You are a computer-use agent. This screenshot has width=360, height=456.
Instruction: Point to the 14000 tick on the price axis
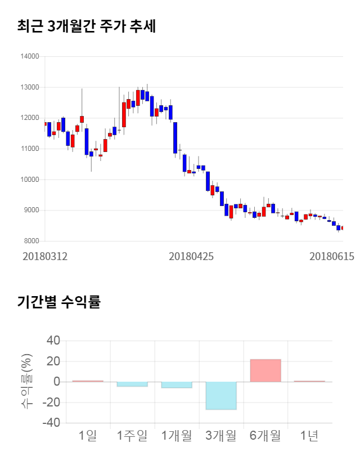[30, 56]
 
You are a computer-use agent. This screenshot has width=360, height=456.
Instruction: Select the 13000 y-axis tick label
[30, 87]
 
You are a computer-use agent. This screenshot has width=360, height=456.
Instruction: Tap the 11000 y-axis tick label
[30, 149]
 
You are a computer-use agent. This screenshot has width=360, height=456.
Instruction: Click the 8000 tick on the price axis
[31, 241]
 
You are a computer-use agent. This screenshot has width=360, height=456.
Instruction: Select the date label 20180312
[45, 256]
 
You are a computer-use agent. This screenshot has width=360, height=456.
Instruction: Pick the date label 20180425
[191, 256]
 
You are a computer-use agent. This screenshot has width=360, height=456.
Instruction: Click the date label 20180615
[332, 256]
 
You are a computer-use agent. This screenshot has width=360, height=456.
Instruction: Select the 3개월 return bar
[220, 396]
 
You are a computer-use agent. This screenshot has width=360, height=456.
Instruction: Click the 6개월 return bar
[265, 370]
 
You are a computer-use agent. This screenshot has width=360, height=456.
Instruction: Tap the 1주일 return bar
[132, 384]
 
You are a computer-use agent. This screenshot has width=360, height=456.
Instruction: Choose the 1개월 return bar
[176, 385]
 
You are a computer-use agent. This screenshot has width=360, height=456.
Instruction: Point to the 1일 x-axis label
[87, 435]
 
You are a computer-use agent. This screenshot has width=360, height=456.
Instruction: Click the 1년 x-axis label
[309, 435]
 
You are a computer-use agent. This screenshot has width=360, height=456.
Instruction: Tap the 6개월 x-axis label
[265, 435]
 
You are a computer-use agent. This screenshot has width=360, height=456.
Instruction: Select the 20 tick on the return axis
[53, 361]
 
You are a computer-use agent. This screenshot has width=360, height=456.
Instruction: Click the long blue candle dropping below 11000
[175, 137]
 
